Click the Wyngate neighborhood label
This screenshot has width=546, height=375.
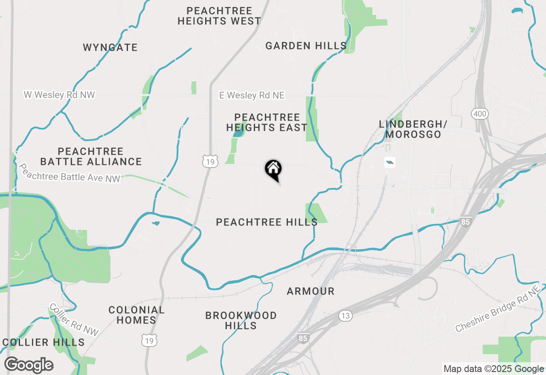[110, 47]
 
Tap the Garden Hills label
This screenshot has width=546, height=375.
[306, 46]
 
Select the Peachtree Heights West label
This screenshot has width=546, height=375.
[219, 16]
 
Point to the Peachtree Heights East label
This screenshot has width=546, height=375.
[267, 122]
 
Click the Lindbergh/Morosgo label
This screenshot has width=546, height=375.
[413, 129]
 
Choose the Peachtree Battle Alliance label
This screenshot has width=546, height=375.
[91, 156]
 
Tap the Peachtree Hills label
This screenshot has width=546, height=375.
[267, 222]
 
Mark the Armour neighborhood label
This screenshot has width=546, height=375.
[311, 291]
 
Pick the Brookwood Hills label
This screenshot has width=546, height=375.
[241, 320]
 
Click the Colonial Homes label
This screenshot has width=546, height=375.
[136, 315]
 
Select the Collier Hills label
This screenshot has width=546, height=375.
[44, 342]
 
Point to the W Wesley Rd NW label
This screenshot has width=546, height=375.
[59, 95]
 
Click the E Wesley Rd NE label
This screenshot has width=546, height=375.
[252, 95]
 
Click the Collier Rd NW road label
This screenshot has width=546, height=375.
[74, 320]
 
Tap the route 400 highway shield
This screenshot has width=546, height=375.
[480, 114]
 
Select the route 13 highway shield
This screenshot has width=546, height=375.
[346, 316]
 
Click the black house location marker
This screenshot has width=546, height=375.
[273, 169]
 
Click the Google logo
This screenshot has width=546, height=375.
[29, 365]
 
